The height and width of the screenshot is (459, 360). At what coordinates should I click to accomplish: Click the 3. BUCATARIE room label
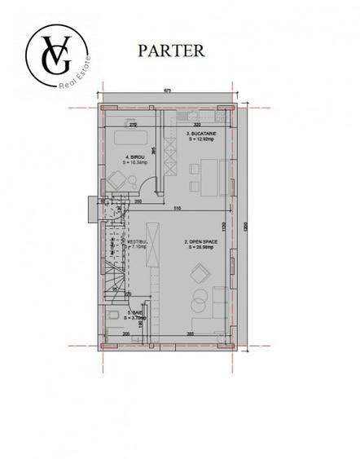click(200, 135)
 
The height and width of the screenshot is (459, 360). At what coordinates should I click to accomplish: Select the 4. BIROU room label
click(134, 159)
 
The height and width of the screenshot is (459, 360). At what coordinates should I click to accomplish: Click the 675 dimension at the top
click(166, 90)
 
